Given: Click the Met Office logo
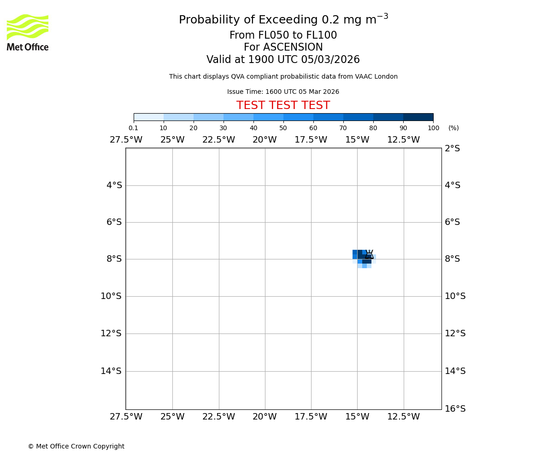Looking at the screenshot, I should [x=28, y=32].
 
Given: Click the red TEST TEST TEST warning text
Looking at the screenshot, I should [x=283, y=105].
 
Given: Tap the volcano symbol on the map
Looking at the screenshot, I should [x=369, y=254].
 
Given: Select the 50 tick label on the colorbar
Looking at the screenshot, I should [x=283, y=128].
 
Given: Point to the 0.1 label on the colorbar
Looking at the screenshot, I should [x=133, y=128].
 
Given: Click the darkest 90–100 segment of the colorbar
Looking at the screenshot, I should [x=418, y=117].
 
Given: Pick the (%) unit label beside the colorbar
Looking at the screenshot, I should [x=453, y=128].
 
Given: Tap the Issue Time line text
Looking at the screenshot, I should [x=283, y=92].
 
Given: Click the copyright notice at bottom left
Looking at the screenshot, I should [x=76, y=446].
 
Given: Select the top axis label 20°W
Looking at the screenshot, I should [x=265, y=140].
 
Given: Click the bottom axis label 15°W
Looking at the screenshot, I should [x=357, y=417].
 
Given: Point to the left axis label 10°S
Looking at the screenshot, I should [x=111, y=296].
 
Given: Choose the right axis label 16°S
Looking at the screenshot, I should [x=455, y=408].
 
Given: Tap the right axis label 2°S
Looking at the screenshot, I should [x=452, y=149].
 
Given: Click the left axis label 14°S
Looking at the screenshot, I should [x=111, y=371].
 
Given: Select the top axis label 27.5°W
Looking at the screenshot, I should [x=126, y=140].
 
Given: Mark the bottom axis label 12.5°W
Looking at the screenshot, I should [x=403, y=417].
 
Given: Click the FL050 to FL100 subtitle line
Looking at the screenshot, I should [x=283, y=35].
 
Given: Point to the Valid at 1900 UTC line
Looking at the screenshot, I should [x=283, y=60].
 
